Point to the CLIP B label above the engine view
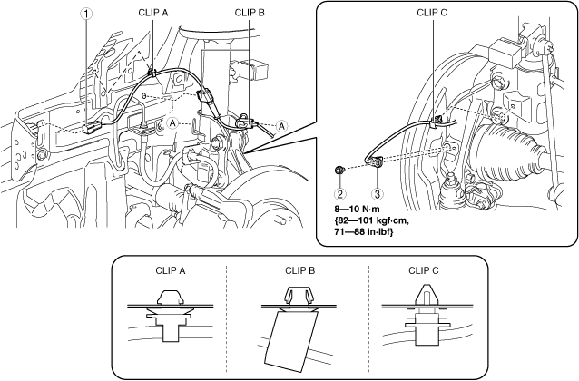(x=250, y=13)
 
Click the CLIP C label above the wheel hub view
(x=434, y=13)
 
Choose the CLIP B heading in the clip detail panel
(x=300, y=269)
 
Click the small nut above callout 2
(x=337, y=170)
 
